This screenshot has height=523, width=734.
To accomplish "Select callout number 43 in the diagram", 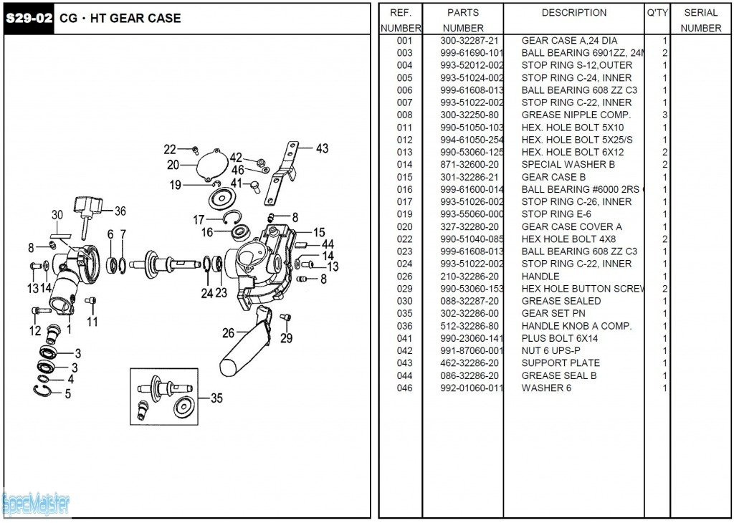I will click(322, 148).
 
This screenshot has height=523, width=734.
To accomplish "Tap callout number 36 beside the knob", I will click(120, 211).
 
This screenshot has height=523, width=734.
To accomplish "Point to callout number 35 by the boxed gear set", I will click(216, 399).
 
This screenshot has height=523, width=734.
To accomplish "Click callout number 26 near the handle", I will click(228, 332).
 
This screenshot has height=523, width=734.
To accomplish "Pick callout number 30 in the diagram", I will click(57, 215).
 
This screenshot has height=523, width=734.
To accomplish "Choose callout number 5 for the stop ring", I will click(68, 393).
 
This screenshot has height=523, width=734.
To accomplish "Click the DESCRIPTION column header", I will click(573, 13).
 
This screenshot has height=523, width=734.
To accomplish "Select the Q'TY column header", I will click(657, 13).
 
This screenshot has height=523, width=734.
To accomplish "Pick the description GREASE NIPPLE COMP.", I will click(576, 115).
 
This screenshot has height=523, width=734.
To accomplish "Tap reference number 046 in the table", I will click(404, 388).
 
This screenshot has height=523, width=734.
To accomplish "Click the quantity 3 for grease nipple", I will click(665, 115).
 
